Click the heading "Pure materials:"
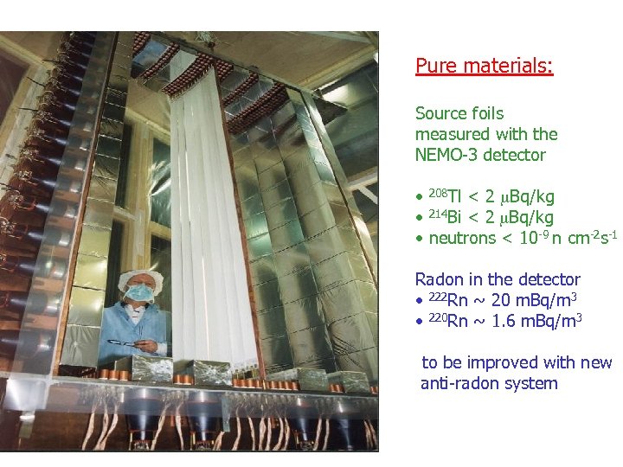tap(484, 66)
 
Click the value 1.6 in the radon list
tap(507, 321)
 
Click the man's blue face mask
tap(140, 294)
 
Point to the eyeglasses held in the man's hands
tap(127, 343)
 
